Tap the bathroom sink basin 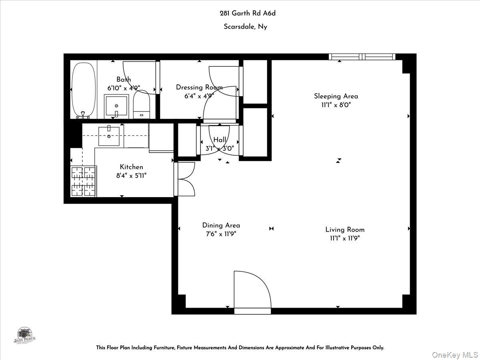[x=116, y=106]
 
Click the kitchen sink [x=109, y=136]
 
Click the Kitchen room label [x=131, y=167]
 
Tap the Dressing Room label [x=199, y=87]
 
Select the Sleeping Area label [x=336, y=96]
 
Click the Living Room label [x=345, y=230]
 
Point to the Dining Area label [x=221, y=225]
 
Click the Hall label [x=220, y=140]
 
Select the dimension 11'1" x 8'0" [x=336, y=105]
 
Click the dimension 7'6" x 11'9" [x=221, y=234]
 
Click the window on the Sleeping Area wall [x=362, y=57]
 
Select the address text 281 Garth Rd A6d [x=248, y=13]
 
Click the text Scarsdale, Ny [x=245, y=27]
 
